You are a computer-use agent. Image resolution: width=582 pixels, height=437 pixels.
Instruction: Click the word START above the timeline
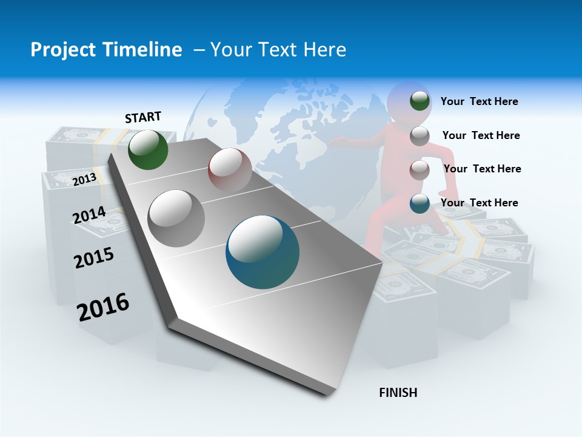(x=143, y=117)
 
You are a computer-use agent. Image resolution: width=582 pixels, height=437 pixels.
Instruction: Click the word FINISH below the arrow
(x=398, y=393)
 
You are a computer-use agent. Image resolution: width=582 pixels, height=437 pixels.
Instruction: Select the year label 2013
(x=84, y=180)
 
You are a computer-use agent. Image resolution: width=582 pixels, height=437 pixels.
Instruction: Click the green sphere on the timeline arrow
(x=148, y=149)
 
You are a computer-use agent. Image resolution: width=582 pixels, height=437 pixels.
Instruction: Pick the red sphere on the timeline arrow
(x=230, y=169)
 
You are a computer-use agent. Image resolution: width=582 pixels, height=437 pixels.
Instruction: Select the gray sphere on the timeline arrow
(x=176, y=218)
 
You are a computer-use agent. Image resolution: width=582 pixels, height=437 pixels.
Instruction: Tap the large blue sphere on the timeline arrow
(x=263, y=252)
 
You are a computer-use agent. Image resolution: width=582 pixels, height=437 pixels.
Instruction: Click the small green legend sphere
(x=420, y=101)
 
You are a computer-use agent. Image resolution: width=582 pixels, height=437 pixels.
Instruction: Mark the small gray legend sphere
(x=420, y=136)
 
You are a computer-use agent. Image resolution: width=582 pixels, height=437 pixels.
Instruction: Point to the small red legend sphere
(x=420, y=170)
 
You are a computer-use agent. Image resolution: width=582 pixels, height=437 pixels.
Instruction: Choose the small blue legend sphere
(x=420, y=203)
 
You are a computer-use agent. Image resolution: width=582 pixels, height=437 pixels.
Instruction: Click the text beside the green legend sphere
(x=479, y=101)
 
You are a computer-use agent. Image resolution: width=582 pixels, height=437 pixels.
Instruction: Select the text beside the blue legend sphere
(x=479, y=203)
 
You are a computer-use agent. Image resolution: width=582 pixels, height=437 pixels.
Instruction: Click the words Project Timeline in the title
(x=106, y=50)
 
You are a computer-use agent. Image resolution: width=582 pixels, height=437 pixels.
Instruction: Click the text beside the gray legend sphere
(x=481, y=135)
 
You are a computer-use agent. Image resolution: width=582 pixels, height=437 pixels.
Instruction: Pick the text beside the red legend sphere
(x=482, y=169)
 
